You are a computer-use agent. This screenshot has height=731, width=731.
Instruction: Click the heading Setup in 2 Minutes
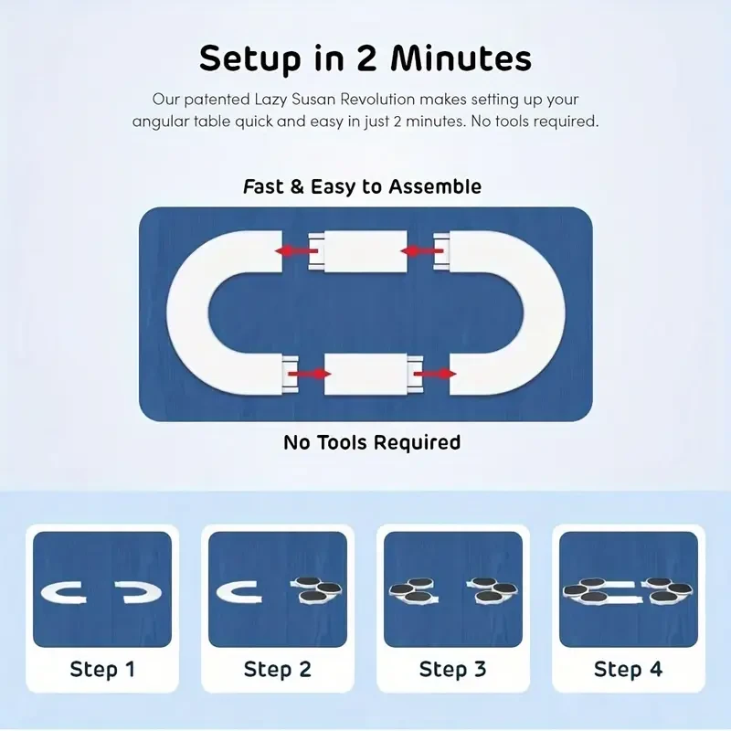(x=365, y=58)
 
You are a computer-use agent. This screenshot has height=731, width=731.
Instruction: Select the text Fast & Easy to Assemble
(x=362, y=186)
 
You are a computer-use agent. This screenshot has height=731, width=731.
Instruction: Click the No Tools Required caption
(x=372, y=443)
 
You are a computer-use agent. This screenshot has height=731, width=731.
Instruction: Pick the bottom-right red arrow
(x=436, y=373)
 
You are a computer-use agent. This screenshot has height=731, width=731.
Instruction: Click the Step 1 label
(x=102, y=669)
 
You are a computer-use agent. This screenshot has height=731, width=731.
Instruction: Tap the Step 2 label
(x=278, y=669)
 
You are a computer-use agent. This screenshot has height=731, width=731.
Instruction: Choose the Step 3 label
(x=453, y=669)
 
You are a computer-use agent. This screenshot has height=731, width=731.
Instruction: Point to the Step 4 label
(x=629, y=669)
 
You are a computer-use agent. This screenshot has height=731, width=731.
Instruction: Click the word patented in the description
(x=213, y=99)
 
